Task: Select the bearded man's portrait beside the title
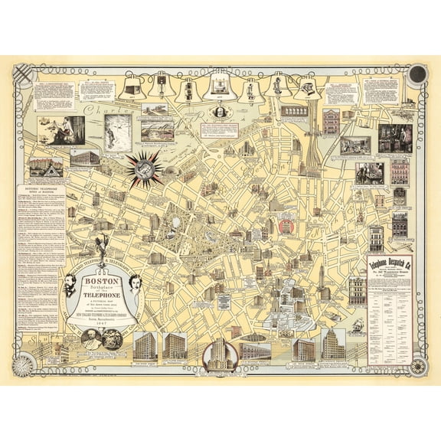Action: [x=70, y=286]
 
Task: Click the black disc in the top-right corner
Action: [x=417, y=74]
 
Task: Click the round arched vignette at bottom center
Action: [x=220, y=354]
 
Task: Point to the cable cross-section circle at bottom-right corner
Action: [x=418, y=360]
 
